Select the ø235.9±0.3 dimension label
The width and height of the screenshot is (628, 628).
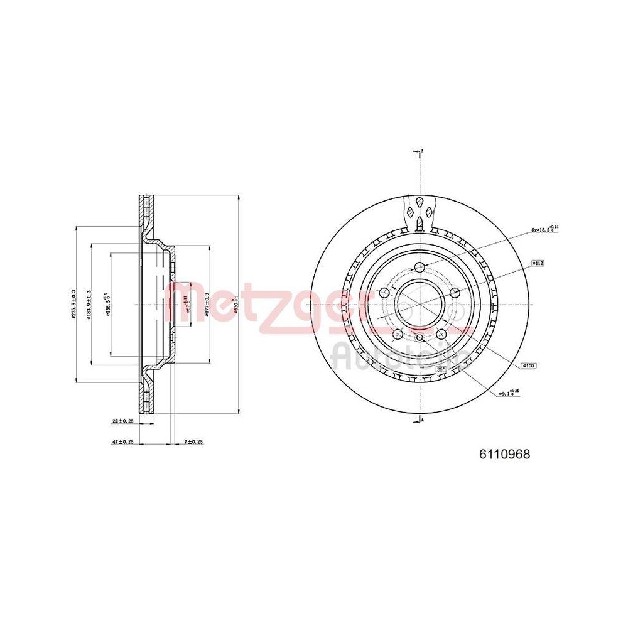[x=74, y=304]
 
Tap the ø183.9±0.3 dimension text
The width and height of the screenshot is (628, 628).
[x=89, y=305]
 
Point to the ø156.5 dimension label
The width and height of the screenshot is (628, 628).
[x=108, y=305]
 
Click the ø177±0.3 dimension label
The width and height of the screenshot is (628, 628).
[x=207, y=305]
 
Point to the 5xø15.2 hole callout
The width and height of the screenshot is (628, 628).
[x=544, y=230]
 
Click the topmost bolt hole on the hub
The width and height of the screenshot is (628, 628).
[x=420, y=268]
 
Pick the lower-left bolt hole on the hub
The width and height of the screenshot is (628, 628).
[x=397, y=334]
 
